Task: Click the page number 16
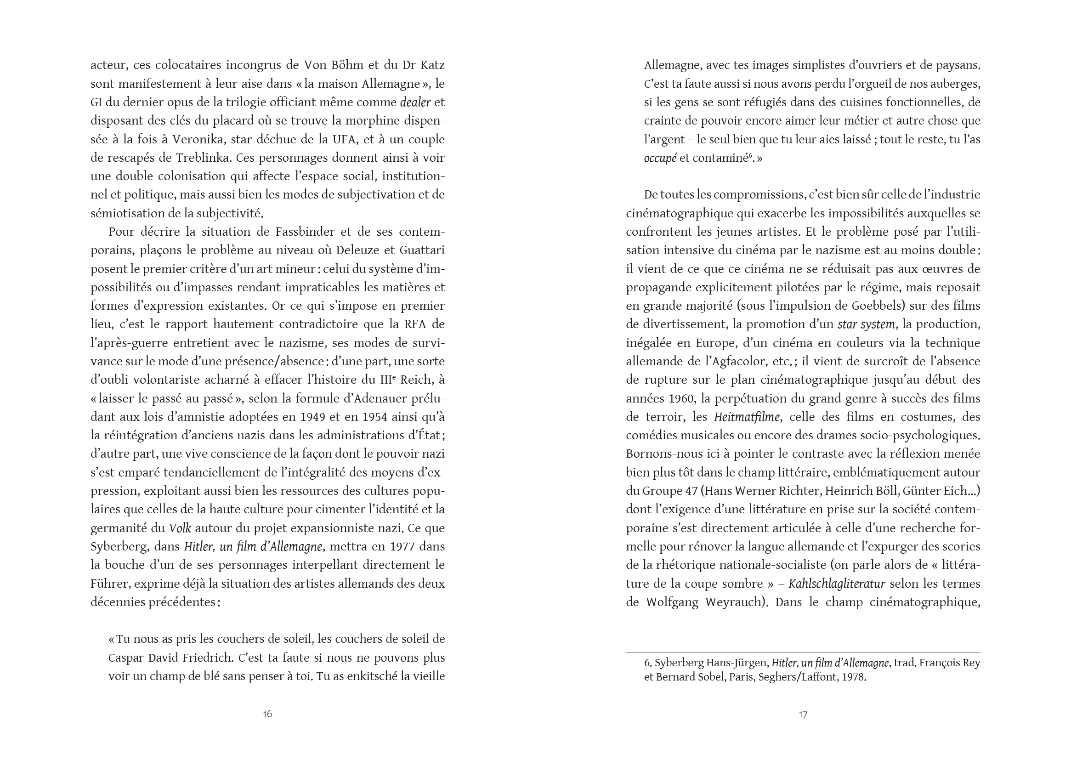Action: tap(267, 714)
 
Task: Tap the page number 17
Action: tap(803, 714)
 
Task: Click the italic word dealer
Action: tap(415, 102)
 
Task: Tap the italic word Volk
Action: tap(180, 528)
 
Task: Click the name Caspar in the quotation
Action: tap(125, 658)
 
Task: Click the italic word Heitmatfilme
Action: tap(747, 417)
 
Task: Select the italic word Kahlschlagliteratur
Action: tap(837, 584)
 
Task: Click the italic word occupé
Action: tap(660, 158)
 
